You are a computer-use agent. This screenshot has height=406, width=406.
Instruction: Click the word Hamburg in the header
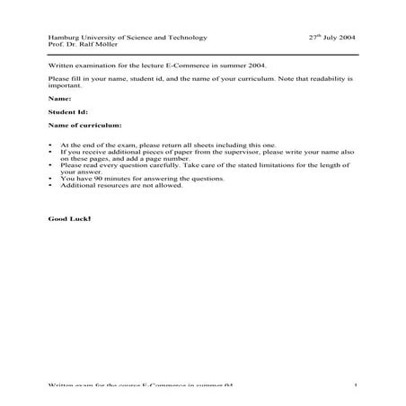(x=62, y=38)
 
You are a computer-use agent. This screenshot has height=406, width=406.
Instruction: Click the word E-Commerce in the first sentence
(x=184, y=66)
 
